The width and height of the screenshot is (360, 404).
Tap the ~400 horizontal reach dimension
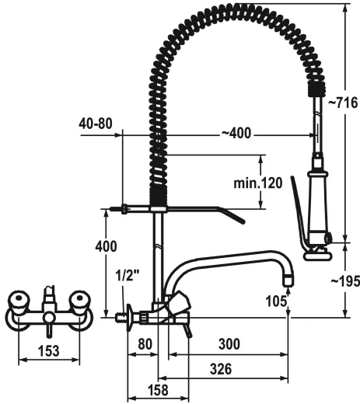(x=236, y=134)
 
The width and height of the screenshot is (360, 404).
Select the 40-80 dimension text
(x=95, y=123)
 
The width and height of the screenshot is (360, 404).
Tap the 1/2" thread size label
(x=126, y=276)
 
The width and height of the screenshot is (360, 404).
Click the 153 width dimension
(x=48, y=351)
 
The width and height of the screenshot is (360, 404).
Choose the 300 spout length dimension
(x=228, y=342)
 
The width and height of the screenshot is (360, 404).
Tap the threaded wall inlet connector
(x=121, y=317)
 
